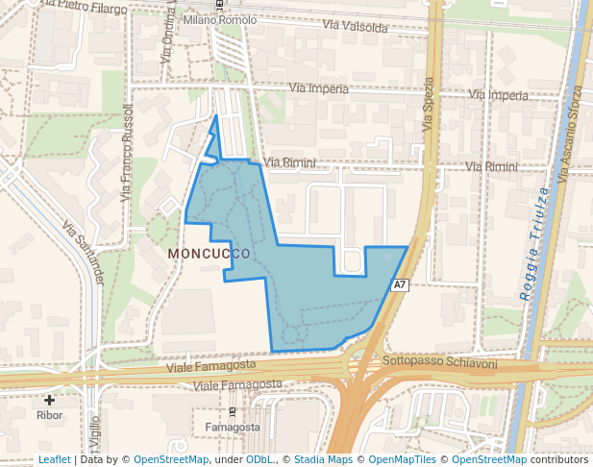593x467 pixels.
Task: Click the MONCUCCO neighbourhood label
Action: click(x=209, y=253)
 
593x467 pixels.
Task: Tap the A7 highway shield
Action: click(x=401, y=285)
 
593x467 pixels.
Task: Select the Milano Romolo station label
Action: click(x=219, y=20)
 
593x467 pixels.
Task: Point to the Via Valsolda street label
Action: click(x=356, y=25)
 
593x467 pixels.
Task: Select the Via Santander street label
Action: click(x=84, y=253)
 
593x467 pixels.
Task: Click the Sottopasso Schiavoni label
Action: click(x=439, y=363)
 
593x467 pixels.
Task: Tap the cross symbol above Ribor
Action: click(x=49, y=399)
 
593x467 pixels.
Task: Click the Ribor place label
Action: click(x=49, y=415)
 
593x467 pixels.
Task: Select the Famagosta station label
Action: click(x=233, y=426)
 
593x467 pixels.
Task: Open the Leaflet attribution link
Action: click(x=54, y=460)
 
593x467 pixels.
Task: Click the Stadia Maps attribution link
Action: click(x=323, y=460)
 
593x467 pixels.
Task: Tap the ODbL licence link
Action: click(x=259, y=460)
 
